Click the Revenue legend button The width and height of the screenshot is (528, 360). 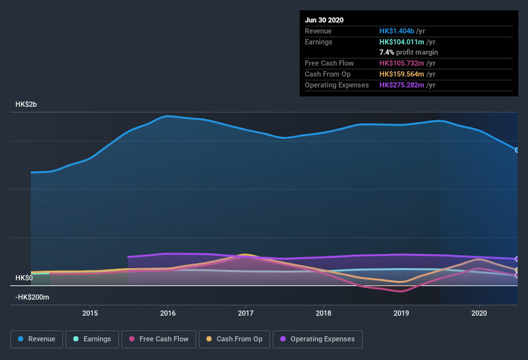pos(37,339)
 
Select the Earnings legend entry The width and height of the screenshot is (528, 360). pos(91,339)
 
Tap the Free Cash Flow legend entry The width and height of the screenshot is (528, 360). pos(158,339)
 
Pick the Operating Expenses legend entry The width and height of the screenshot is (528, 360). pos(317,339)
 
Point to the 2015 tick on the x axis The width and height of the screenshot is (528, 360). pos(90,313)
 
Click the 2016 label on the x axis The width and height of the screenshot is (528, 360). pos(168,313)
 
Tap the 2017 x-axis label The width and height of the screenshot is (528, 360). pos(246,313)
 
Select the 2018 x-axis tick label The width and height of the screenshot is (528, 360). pos(323,313)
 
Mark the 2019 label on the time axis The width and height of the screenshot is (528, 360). pos(401,313)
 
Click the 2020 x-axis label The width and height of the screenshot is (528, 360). pos(479,313)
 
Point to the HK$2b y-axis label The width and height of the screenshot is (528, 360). pos(27,104)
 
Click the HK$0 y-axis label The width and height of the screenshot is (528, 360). pos(24,278)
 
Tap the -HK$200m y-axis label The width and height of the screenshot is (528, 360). pos(32,297)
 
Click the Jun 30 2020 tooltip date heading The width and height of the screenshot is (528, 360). pos(324,20)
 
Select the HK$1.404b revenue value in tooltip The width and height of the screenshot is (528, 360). pos(397,31)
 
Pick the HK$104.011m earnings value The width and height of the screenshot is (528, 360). pos(401,42)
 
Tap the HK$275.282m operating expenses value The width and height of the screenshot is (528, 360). pos(401,85)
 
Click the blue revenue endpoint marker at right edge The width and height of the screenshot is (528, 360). pos(517,150)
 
